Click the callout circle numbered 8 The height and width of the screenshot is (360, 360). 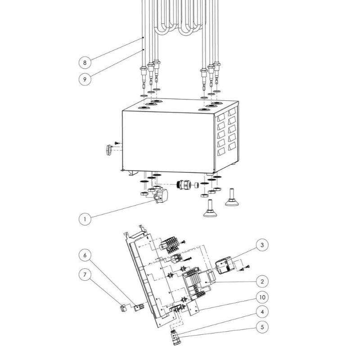pyautogui.click(x=85, y=63)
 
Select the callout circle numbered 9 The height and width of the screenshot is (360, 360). pyautogui.click(x=85, y=79)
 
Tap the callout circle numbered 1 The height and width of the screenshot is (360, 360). pyautogui.click(x=85, y=219)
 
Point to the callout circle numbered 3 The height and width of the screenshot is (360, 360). pyautogui.click(x=262, y=245)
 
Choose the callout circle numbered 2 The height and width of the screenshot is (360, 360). pyautogui.click(x=262, y=281)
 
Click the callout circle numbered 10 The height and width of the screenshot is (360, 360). pyautogui.click(x=262, y=297)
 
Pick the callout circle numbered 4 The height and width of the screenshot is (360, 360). pyautogui.click(x=262, y=312)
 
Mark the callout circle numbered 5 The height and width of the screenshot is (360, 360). pyautogui.click(x=262, y=327)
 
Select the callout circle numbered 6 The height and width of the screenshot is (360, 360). pyautogui.click(x=85, y=255)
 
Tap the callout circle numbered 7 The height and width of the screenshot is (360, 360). pyautogui.click(x=85, y=274)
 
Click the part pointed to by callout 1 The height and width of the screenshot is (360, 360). pyautogui.click(x=161, y=196)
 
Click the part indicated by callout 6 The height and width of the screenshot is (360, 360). pyautogui.click(x=139, y=307)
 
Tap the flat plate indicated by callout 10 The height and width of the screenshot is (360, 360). pyautogui.click(x=194, y=308)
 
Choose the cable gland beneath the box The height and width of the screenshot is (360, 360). pyautogui.click(x=184, y=184)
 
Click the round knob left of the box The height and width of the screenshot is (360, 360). pyautogui.click(x=108, y=150)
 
